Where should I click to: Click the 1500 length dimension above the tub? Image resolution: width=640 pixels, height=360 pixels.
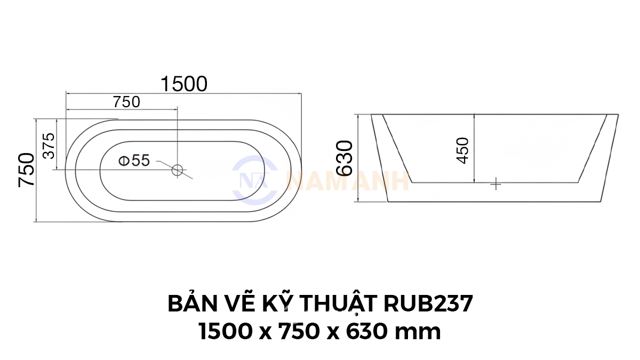point(184,84)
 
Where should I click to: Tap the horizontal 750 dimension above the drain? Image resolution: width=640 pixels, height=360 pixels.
point(126,102)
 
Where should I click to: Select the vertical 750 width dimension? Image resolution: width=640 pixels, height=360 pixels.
point(26,170)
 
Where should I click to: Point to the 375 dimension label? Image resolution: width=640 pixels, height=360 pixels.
point(49,146)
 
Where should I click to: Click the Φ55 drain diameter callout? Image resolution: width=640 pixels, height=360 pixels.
point(134,161)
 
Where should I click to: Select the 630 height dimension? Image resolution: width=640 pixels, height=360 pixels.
point(345,158)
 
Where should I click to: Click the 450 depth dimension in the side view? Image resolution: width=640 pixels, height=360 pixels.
point(463,150)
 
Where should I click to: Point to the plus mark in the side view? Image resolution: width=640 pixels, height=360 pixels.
point(495,185)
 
